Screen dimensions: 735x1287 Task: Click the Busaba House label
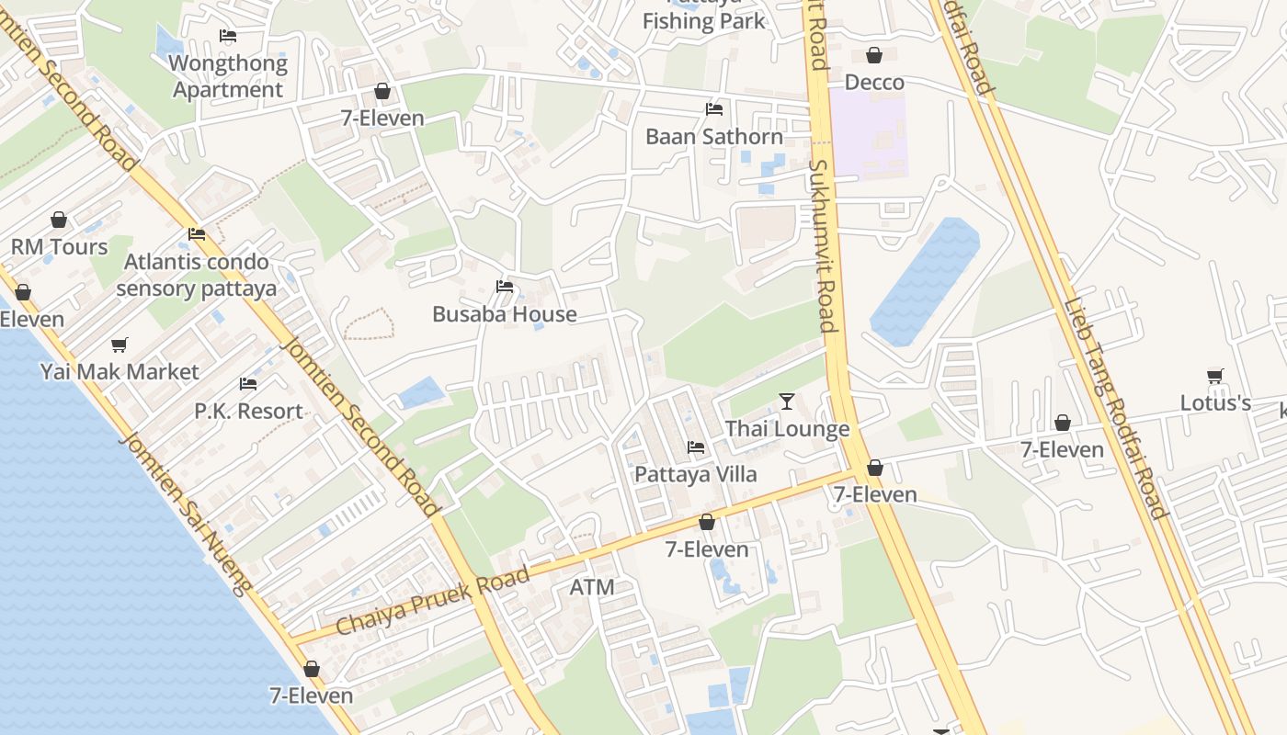click(x=505, y=314)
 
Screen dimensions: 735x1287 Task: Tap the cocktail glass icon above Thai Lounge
click(x=787, y=401)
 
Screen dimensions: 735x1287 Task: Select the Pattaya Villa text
click(x=696, y=474)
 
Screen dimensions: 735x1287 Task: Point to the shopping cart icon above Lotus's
click(x=1215, y=376)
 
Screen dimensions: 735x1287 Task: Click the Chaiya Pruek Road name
click(x=433, y=602)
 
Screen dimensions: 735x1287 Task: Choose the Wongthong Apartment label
click(x=228, y=76)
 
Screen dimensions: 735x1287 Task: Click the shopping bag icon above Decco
click(x=874, y=55)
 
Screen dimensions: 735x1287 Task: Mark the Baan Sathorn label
click(x=714, y=137)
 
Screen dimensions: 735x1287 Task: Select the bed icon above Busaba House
click(x=505, y=287)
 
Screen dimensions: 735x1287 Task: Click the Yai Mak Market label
click(x=120, y=372)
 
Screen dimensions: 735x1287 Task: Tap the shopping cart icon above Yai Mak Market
click(x=120, y=345)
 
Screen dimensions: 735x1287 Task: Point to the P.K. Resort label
click(x=248, y=411)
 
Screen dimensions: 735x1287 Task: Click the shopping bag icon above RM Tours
click(x=59, y=220)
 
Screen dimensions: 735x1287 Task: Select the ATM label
click(x=592, y=587)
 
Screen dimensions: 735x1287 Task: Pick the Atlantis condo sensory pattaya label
click(x=197, y=275)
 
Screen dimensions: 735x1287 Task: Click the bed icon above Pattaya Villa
click(x=696, y=447)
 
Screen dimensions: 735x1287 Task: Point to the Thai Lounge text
click(x=787, y=429)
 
